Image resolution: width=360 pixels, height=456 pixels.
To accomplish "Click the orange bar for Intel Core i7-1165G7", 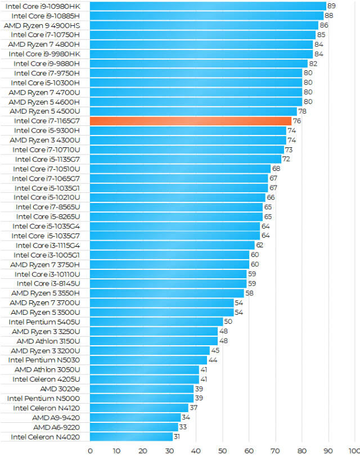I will (x=190, y=121).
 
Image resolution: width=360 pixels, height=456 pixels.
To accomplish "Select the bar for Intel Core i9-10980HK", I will (x=208, y=6).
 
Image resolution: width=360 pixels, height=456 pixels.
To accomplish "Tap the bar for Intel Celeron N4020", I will (x=131, y=436).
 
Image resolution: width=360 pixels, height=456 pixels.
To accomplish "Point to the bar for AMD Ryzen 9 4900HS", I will (x=204, y=25).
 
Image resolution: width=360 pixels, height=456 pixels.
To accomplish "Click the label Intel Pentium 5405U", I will (x=44, y=322).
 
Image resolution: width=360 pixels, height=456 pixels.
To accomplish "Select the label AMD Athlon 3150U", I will (x=48, y=341).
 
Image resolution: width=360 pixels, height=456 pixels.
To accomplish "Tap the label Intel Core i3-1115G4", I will (x=48, y=245).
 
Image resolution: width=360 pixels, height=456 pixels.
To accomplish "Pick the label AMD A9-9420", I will (x=56, y=417).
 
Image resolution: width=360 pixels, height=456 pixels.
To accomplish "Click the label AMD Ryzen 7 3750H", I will (x=45, y=264).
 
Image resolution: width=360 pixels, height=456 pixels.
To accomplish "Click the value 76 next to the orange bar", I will (x=297, y=121).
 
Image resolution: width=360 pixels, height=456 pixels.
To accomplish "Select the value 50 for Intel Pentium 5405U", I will (x=228, y=322).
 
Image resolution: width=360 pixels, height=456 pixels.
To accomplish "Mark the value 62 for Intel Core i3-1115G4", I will (x=260, y=245).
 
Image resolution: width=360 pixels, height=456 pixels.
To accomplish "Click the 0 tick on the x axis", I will (x=90, y=450).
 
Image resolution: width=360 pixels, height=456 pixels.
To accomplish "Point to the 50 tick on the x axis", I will (x=222, y=450).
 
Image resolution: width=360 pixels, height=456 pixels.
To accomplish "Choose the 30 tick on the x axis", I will (x=169, y=450).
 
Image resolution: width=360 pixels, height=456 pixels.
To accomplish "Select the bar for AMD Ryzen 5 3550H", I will (x=166, y=293).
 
